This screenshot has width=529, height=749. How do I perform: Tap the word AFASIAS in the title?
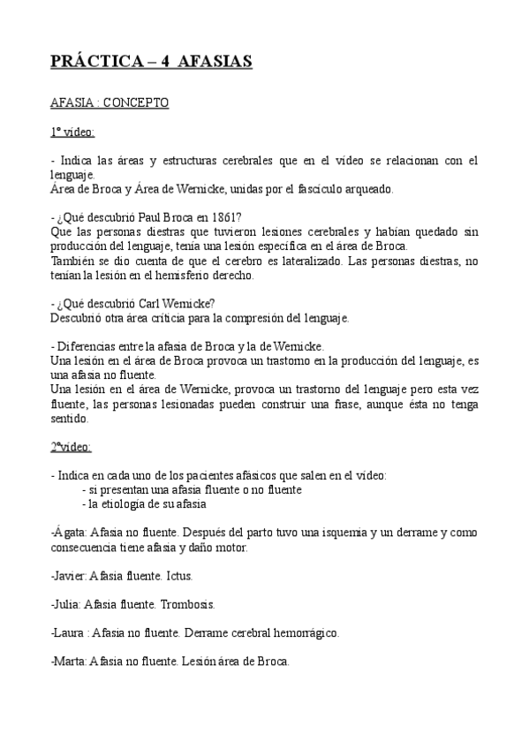point(215,62)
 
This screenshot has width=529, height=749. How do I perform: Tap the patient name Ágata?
point(68,533)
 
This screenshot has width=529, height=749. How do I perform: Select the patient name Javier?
point(69,576)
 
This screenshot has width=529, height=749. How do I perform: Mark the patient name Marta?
point(69,662)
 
